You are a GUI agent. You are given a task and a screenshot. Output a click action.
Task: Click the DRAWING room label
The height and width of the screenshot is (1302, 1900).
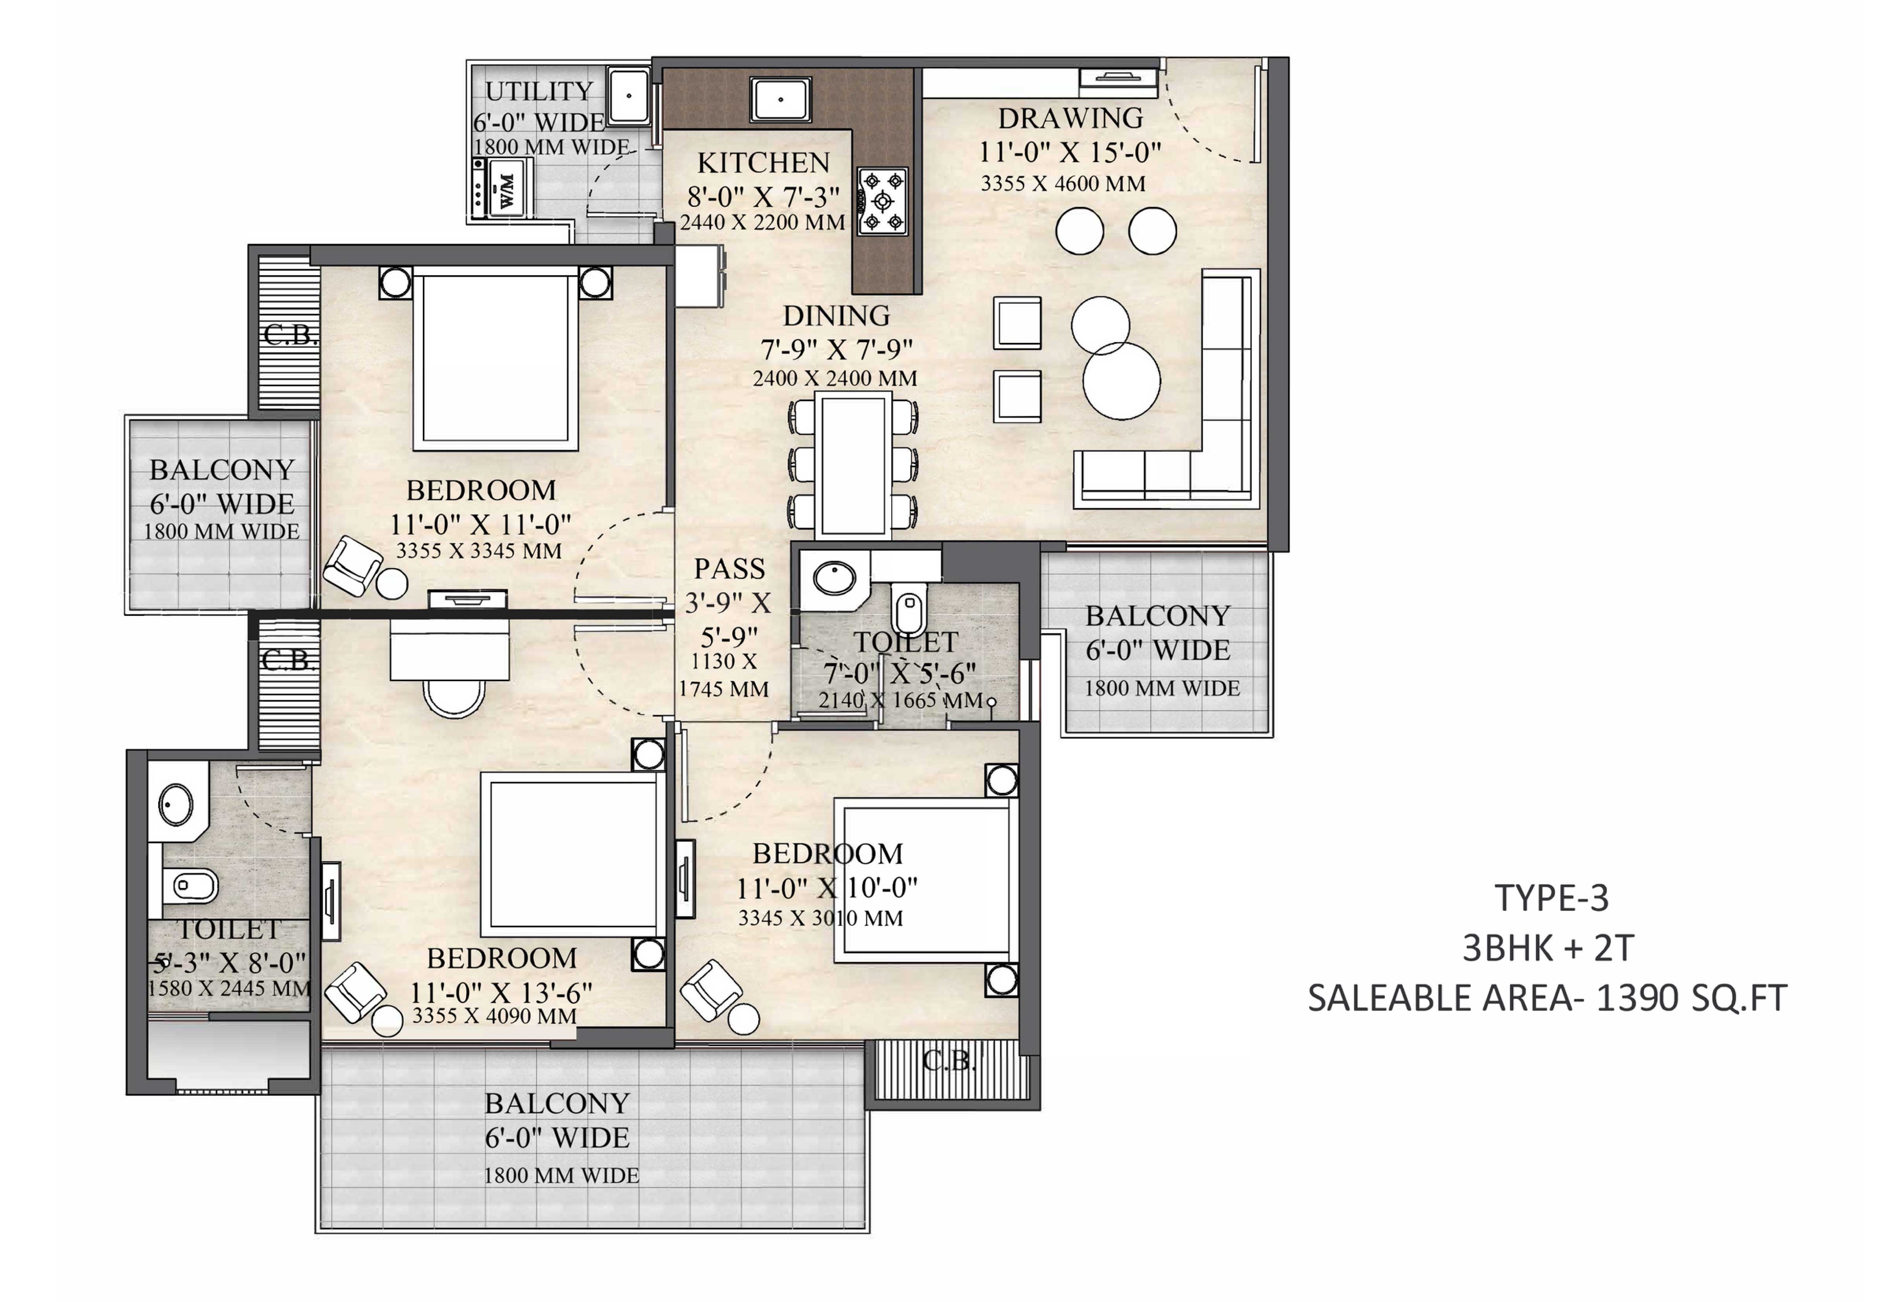[x=1070, y=119]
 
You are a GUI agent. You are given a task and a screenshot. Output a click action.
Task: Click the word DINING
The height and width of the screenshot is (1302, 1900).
[x=836, y=315]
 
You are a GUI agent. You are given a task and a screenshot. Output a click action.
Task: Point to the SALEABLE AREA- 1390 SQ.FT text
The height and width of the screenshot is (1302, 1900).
[x=1548, y=998]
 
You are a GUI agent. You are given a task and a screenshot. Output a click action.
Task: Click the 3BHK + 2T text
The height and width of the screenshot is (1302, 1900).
[x=1548, y=948]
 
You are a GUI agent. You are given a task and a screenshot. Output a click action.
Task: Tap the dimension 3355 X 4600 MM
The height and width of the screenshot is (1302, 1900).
[x=1063, y=184]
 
